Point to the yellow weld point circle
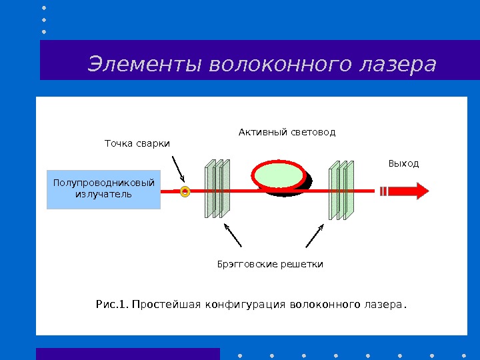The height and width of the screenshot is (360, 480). point(185,192)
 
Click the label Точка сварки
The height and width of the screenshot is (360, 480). point(137,143)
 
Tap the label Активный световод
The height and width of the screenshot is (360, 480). point(287,132)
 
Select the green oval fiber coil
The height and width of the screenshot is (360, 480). point(279,175)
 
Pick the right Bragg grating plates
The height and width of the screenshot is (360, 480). point(341,190)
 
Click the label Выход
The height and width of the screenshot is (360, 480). point(403,163)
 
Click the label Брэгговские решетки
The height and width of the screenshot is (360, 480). point(270,265)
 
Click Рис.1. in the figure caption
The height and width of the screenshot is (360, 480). point(111,305)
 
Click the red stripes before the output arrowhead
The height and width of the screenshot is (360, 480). point(383,191)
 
